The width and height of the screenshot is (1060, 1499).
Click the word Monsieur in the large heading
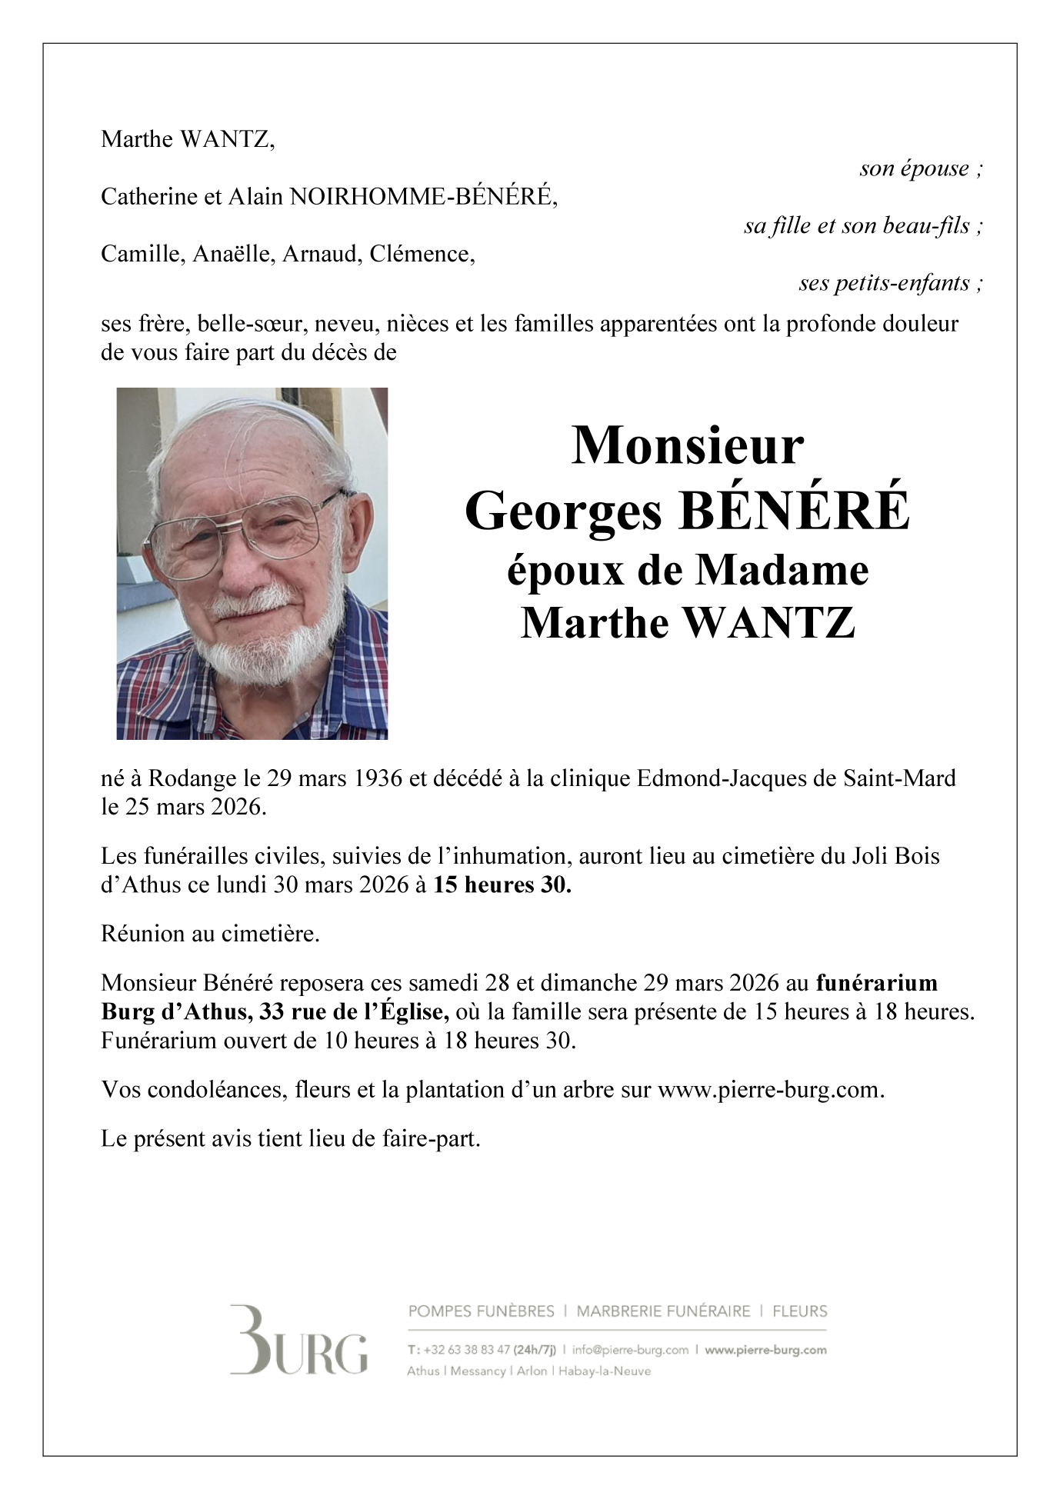687,446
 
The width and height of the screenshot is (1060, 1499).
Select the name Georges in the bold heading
562,512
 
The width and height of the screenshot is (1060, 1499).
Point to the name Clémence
422,254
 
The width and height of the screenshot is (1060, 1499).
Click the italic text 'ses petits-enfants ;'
891,283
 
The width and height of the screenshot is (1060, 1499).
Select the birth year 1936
378,778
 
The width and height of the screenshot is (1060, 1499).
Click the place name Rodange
192,778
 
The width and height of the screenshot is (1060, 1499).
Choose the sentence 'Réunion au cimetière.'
210,934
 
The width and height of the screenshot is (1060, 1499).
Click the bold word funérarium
876,983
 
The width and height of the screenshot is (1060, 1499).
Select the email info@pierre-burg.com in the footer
630,1350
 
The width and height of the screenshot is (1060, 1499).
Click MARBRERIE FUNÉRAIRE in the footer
663,1311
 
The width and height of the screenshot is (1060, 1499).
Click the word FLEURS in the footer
800,1311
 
